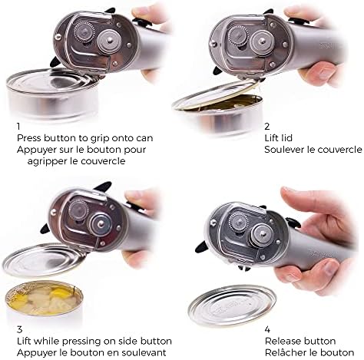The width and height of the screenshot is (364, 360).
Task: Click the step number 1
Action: (18, 126)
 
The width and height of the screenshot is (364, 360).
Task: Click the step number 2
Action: (267, 126)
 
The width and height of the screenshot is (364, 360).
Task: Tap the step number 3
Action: (20, 329)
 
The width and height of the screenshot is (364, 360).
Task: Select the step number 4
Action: (267, 329)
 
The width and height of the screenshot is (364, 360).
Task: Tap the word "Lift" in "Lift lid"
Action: (271, 138)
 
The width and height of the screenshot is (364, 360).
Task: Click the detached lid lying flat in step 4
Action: (233, 306)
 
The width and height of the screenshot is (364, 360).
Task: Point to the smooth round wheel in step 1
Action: (109, 41)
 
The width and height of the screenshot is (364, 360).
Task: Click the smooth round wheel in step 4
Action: (261, 233)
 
